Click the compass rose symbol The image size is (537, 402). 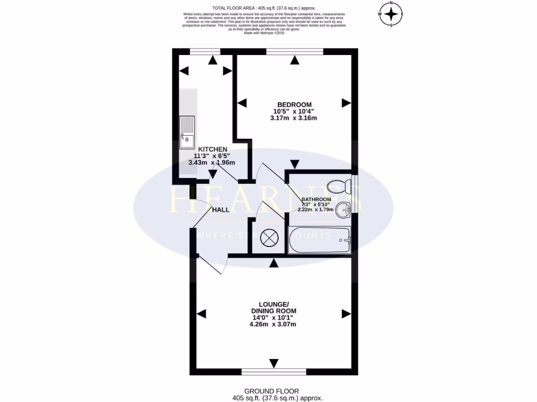[391, 14]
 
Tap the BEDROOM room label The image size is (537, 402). [294, 104]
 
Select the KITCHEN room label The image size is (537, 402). [212, 149]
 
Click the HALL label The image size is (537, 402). [221, 210]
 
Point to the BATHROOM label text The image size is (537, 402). [316, 199]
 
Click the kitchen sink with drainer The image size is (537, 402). [187, 132]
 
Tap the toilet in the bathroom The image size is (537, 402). [338, 185]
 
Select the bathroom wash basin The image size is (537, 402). [343, 210]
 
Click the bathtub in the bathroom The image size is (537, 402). [319, 241]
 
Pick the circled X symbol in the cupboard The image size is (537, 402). [268, 238]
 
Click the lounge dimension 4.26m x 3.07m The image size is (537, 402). [273, 324]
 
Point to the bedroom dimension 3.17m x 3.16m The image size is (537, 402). [294, 118]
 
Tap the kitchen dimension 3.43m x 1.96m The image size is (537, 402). [211, 162]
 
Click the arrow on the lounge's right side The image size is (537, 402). [346, 314]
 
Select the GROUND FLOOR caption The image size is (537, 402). [272, 391]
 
